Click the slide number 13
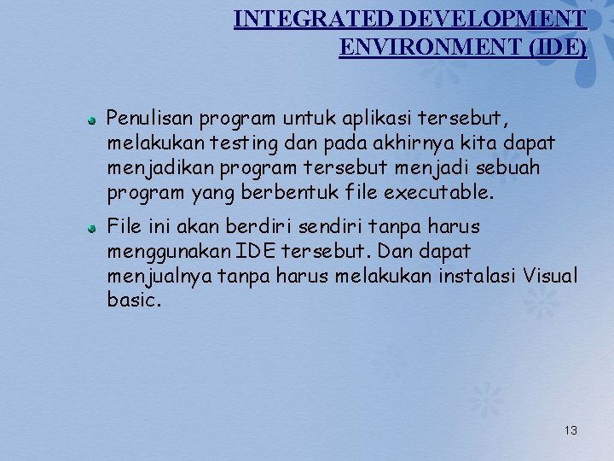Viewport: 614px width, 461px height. (x=571, y=430)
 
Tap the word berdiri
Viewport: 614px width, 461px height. (x=246, y=227)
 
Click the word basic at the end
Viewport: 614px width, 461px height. (x=132, y=301)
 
